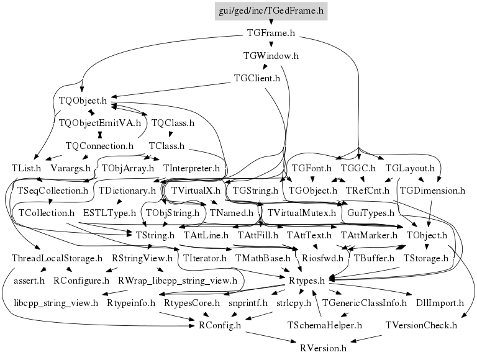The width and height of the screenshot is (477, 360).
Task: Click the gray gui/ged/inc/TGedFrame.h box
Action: coord(271,11)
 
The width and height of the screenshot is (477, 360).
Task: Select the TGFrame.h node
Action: coord(270,34)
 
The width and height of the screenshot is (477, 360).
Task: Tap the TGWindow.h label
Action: coord(271,56)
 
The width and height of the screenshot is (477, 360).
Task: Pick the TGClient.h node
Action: coord(257,79)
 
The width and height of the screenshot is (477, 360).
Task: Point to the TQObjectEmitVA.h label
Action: coord(99,123)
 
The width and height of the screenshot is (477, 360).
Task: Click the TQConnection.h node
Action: coord(99,146)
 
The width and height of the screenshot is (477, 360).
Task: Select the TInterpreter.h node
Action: coord(192,168)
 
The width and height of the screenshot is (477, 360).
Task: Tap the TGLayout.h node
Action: coord(409,168)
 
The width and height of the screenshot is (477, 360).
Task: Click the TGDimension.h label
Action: coord(432,191)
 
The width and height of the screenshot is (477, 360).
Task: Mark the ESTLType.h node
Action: coord(109,213)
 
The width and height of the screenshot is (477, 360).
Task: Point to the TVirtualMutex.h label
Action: coord(301,213)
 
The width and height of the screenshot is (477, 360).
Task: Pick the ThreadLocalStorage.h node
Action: coord(57,258)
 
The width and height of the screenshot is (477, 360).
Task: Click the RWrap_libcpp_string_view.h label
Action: coord(177,281)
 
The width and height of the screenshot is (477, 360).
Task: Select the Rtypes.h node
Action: coord(307,281)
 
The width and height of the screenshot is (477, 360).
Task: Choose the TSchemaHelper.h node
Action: coord(325,325)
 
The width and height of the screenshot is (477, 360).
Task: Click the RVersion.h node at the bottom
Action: coord(322,348)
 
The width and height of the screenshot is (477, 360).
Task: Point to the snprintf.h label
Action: coord(248,303)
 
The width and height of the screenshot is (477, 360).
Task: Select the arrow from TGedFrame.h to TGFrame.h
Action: coord(271,22)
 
